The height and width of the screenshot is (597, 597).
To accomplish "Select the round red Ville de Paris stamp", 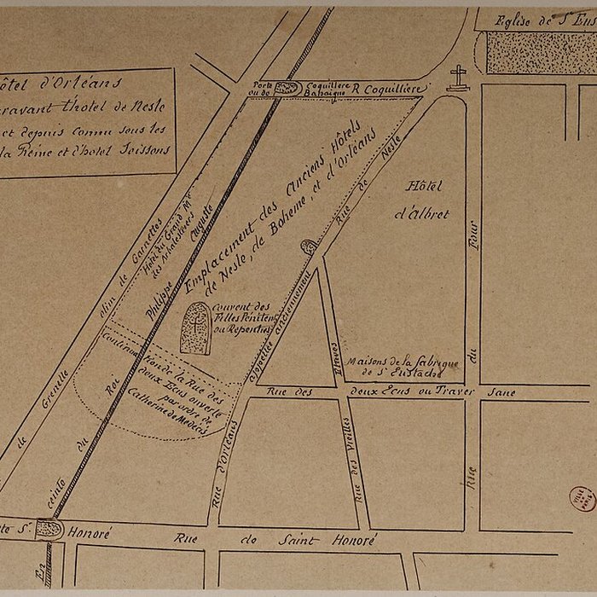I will pos(583,498).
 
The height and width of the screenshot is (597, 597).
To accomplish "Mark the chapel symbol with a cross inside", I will pos(198,326).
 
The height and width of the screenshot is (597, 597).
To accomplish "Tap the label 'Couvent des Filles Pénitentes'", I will pos(242,317).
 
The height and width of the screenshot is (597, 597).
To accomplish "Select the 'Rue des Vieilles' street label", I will pos(357,464).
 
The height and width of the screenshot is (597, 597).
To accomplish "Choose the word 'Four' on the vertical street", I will pos(472,234).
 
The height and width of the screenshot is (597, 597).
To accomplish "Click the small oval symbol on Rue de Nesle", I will pos(308,246).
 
